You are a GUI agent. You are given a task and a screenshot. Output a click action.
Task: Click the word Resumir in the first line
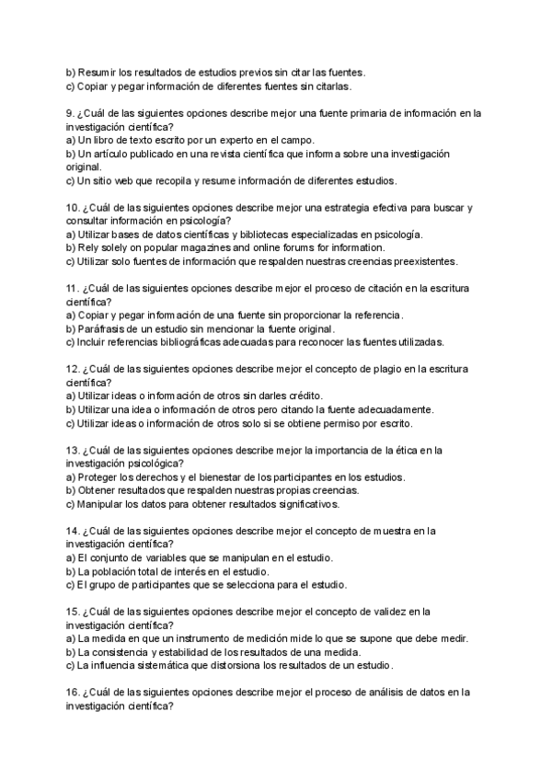pyautogui.click(x=98, y=73)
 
